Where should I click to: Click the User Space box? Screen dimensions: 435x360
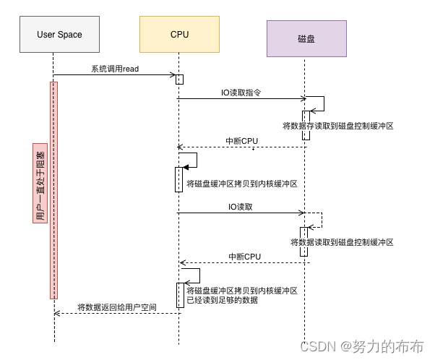pyautogui.click(x=59, y=34)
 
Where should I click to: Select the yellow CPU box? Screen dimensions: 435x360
pyautogui.click(x=179, y=34)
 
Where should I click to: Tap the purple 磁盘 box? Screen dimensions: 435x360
pyautogui.click(x=306, y=38)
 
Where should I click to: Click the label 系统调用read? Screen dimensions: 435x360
pyautogui.click(x=115, y=69)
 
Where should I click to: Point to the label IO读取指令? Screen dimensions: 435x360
pyautogui.click(x=241, y=93)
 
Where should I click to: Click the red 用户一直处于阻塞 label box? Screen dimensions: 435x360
pyautogui.click(x=40, y=183)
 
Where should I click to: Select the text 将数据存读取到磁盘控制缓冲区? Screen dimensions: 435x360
pyautogui.click(x=338, y=126)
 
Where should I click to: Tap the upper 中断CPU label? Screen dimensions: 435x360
pyautogui.click(x=241, y=141)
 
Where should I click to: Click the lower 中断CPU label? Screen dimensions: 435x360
pyautogui.click(x=244, y=257)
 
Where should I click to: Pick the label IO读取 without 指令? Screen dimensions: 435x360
pyautogui.click(x=240, y=207)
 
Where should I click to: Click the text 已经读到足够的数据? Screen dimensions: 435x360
pyautogui.click(x=223, y=300)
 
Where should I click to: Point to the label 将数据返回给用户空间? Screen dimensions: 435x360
pyautogui.click(x=117, y=307)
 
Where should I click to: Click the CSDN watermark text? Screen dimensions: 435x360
pyautogui.click(x=362, y=347)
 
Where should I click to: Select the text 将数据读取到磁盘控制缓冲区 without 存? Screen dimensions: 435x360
pyautogui.click(x=342, y=242)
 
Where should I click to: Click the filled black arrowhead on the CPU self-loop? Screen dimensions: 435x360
pyautogui.click(x=186, y=167)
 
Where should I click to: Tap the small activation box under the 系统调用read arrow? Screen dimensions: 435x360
pyautogui.click(x=179, y=80)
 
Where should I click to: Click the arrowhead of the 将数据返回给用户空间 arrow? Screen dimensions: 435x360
pyautogui.click(x=56, y=313)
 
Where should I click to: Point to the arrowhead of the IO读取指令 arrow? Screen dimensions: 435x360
pyautogui.click(x=303, y=98)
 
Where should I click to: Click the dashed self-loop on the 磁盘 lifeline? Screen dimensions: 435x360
pyautogui.click(x=322, y=220)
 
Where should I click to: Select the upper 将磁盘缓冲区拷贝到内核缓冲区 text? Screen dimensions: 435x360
pyautogui.click(x=242, y=184)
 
